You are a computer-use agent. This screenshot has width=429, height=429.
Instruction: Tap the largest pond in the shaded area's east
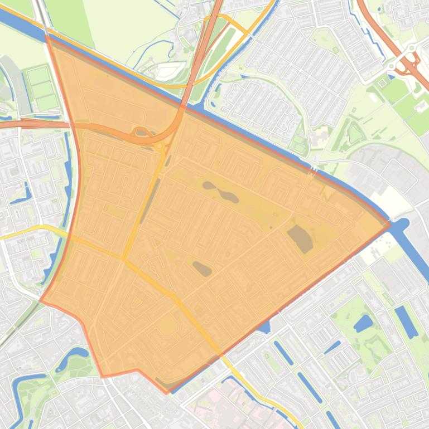pyautogui.click(x=300, y=238)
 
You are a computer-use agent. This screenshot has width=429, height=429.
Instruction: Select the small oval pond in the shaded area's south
pyautogui.click(x=203, y=269)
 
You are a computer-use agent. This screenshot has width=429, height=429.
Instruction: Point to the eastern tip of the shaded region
pyautogui.click(x=389, y=224)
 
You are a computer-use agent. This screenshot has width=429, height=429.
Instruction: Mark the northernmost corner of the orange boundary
pyautogui.click(x=47, y=35)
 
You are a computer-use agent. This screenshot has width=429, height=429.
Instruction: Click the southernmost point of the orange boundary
pyautogui.click(x=166, y=392)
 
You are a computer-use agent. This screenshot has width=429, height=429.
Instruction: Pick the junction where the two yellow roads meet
pyautogui.click(x=124, y=259)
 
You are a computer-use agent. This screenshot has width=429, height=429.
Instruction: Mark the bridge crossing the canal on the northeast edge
pyautogui.click(x=314, y=168)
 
